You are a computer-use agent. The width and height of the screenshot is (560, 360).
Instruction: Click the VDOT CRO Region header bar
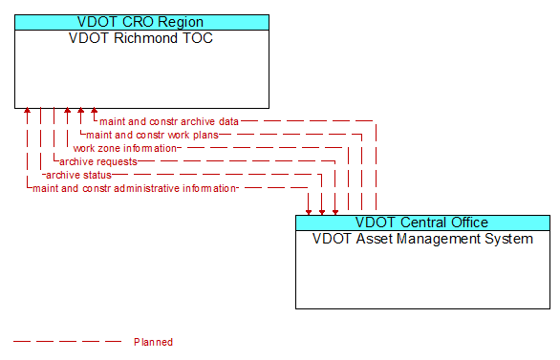click(x=141, y=22)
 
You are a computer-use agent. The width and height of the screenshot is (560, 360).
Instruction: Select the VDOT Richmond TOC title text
click(x=141, y=38)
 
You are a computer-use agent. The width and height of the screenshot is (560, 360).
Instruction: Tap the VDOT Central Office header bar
click(x=422, y=222)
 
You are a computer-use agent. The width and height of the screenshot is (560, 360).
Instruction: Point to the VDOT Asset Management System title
click(x=422, y=239)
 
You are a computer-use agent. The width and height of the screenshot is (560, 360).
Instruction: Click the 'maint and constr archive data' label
click(x=169, y=121)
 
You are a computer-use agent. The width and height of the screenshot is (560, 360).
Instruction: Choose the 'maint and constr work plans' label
click(x=152, y=135)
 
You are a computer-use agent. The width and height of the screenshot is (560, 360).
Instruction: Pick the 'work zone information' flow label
click(x=125, y=148)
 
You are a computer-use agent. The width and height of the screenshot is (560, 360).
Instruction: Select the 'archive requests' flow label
click(x=97, y=161)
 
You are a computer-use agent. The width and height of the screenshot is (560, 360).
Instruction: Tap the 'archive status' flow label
click(x=78, y=175)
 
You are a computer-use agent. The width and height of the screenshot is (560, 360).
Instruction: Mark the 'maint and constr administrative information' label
click(x=135, y=188)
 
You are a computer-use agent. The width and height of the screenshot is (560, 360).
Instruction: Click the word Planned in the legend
click(x=153, y=341)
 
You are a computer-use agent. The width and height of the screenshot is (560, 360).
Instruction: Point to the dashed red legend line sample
click(x=67, y=341)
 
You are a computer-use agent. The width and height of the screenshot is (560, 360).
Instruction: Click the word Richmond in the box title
click(x=142, y=38)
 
